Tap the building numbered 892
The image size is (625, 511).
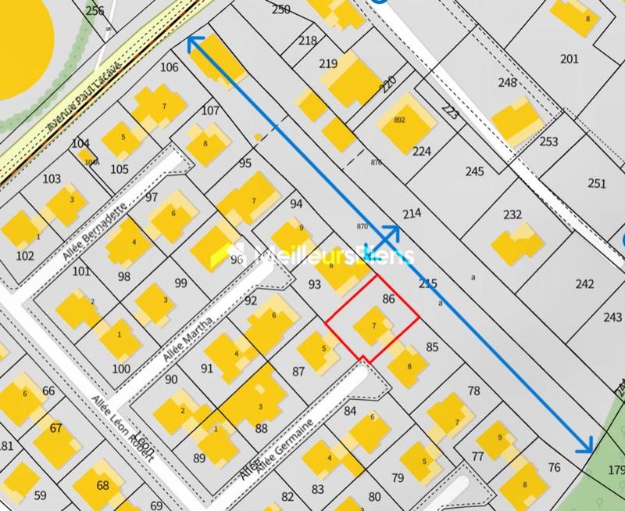pyautogui.click(x=400, y=120)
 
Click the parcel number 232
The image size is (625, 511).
pyautogui.click(x=512, y=215)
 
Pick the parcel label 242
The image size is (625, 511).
pyautogui.click(x=584, y=284)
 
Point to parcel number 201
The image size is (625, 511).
pyautogui.click(x=570, y=59)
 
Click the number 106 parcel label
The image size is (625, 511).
pyautogui.click(x=169, y=67)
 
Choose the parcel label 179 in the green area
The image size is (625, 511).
pyautogui.click(x=617, y=470)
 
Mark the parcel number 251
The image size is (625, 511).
pyautogui.click(x=597, y=183)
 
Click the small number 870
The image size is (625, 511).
pyautogui.click(x=361, y=227)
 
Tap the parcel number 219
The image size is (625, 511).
pyautogui.click(x=328, y=64)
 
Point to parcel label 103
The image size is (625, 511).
pyautogui.click(x=52, y=179)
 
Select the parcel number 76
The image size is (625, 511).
pyautogui.click(x=555, y=468)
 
